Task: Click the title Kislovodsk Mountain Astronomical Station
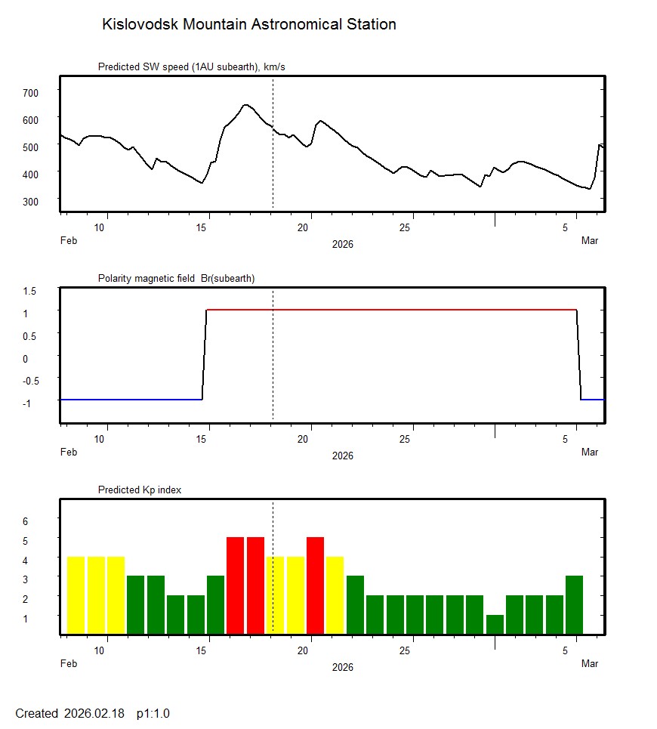(x=248, y=24)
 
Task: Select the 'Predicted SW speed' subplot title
(x=191, y=67)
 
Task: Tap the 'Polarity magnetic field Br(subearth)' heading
(x=176, y=278)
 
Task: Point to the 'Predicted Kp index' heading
(x=140, y=490)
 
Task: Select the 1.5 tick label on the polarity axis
(x=31, y=290)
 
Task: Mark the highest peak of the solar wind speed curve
(x=245, y=105)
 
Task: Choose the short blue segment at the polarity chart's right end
(x=593, y=399)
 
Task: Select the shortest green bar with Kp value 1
(x=495, y=625)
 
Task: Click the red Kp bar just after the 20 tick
(x=316, y=585)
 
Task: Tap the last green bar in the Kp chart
(x=574, y=604)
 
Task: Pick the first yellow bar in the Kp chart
(x=76, y=595)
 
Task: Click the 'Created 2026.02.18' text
(x=69, y=713)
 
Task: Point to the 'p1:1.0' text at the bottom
(x=153, y=713)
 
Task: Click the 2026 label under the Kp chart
(x=343, y=667)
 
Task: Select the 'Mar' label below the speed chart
(x=590, y=241)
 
